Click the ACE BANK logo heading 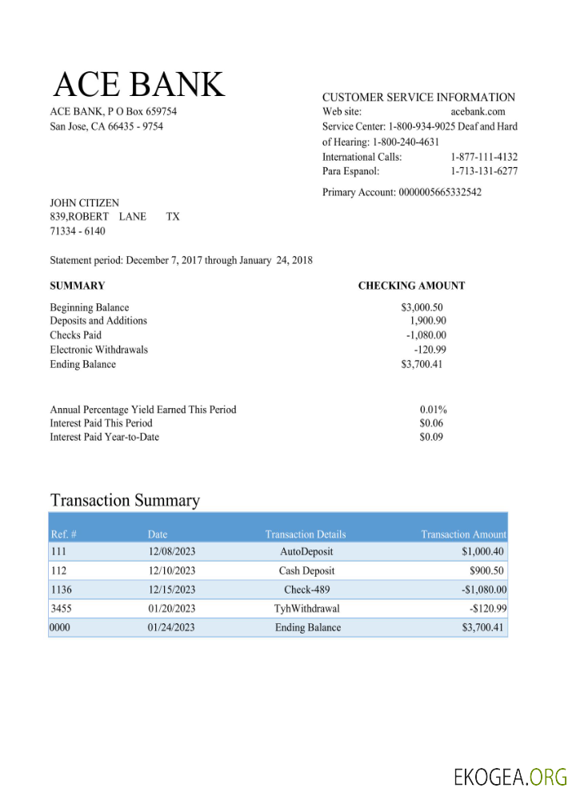139,85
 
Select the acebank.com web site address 478,112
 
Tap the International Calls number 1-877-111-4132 483,157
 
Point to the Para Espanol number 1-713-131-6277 483,171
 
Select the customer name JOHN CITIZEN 84,203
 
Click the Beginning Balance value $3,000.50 422,307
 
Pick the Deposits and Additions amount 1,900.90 427,321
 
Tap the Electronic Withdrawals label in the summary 98,350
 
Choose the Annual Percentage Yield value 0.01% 433,410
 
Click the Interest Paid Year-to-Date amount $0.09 431,437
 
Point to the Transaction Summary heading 125,501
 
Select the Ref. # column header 63,534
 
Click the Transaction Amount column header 463,534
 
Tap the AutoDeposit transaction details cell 306,552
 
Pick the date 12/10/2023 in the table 171,571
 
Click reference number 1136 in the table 61,590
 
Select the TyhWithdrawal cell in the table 306,609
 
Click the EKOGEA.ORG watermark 510,777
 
